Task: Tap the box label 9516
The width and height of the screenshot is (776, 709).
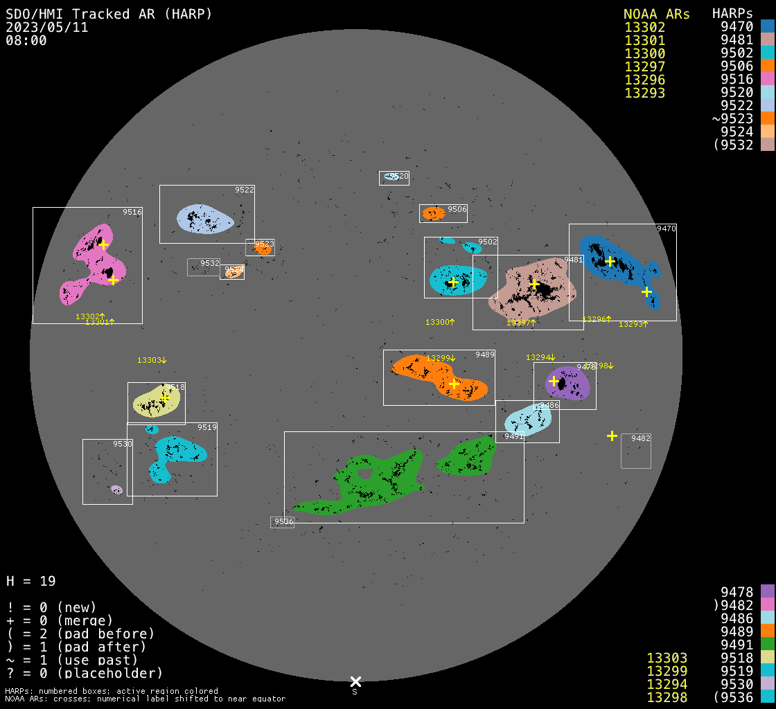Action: click(132, 213)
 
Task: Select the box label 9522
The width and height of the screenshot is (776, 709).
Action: click(245, 190)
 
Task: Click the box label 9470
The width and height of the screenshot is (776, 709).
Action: click(667, 228)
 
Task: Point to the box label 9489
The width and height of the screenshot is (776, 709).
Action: click(485, 354)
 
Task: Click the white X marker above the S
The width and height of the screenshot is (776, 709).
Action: click(355, 681)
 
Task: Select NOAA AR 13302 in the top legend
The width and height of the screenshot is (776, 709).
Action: click(644, 28)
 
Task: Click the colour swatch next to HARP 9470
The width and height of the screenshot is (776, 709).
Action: click(767, 26)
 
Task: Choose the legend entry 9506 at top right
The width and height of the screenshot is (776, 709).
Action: click(737, 66)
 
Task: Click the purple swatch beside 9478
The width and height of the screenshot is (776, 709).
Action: click(767, 591)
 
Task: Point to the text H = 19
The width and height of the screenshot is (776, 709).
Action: click(31, 581)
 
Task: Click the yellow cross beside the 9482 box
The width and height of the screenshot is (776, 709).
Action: click(612, 436)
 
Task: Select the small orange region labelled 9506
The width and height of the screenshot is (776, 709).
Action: click(434, 213)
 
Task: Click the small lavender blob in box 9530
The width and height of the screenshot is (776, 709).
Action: click(116, 490)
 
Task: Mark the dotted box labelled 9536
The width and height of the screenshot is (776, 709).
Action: click(282, 522)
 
